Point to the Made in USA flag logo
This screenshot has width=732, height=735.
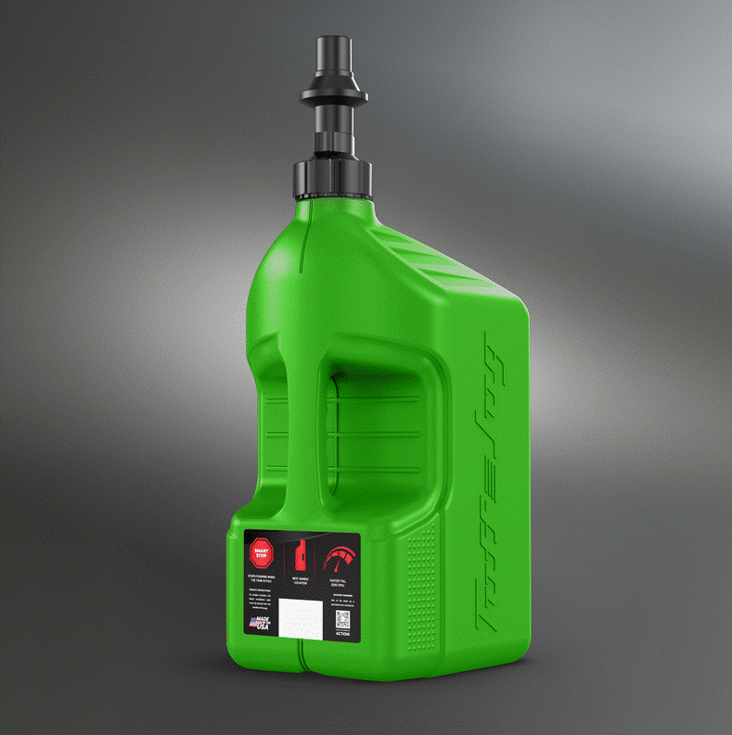[x=261, y=626]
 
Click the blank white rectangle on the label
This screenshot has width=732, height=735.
[x=300, y=616]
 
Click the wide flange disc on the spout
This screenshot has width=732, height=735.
[x=332, y=95]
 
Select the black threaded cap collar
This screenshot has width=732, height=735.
[x=333, y=176]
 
